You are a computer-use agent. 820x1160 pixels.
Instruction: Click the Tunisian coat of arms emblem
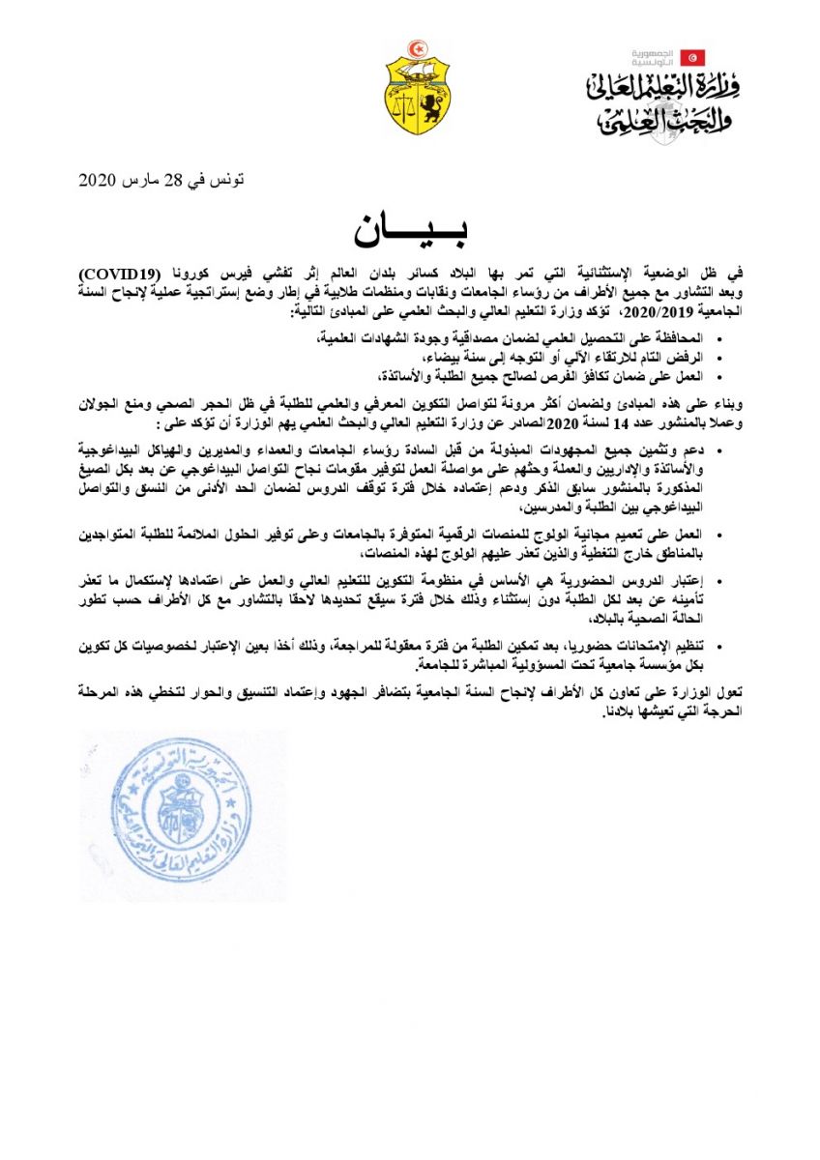pyautogui.click(x=418, y=90)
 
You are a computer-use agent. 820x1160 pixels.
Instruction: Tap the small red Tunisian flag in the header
pyautogui.click(x=692, y=57)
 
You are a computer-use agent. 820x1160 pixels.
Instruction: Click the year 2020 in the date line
pyautogui.click(x=97, y=181)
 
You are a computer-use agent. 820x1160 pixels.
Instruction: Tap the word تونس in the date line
pyautogui.click(x=228, y=181)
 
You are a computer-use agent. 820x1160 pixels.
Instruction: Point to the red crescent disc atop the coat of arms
pyautogui.click(x=418, y=48)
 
